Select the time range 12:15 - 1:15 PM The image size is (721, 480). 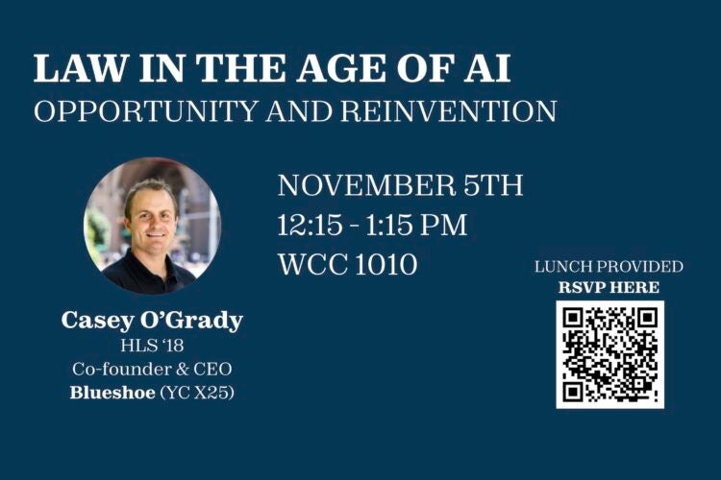[x=372, y=226]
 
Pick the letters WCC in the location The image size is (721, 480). [x=308, y=265]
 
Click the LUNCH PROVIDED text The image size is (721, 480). [x=609, y=266]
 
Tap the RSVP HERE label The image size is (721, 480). [x=609, y=287]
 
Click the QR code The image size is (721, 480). [x=609, y=353]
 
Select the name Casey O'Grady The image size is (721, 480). [x=152, y=321]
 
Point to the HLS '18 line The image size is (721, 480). [x=152, y=346]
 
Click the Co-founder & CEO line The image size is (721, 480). [x=152, y=369]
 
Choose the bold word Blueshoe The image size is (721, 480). [x=112, y=392]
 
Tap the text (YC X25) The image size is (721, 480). [x=196, y=392]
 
